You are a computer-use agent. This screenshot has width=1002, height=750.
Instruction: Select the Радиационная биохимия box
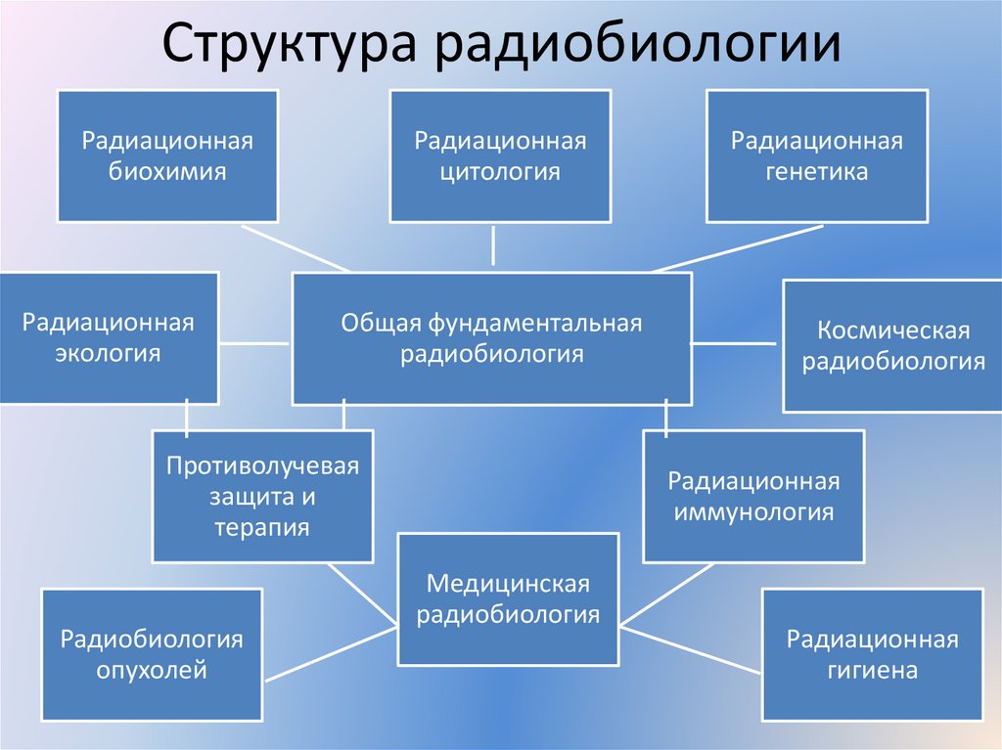[167, 156]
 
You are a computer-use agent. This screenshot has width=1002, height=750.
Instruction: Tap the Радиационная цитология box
[500, 156]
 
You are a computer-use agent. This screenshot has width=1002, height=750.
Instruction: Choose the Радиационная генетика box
[816, 156]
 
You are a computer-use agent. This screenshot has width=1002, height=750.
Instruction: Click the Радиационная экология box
[109, 337]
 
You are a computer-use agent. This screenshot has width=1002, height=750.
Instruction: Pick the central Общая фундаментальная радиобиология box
[491, 338]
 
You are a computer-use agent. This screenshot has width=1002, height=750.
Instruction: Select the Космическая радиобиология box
[892, 346]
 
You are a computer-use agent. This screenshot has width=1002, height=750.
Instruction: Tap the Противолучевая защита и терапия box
[262, 496]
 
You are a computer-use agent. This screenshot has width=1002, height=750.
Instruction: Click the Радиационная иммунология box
[753, 497]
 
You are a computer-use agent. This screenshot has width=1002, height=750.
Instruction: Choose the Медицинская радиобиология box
[508, 598]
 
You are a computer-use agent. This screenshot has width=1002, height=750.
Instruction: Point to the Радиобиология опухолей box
[152, 654]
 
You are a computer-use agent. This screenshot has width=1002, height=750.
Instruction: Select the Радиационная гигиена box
[872, 654]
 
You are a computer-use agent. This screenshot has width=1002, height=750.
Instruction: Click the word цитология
[500, 172]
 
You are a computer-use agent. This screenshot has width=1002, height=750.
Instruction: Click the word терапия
[262, 528]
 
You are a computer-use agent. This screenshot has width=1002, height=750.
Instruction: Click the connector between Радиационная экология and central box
[253, 343]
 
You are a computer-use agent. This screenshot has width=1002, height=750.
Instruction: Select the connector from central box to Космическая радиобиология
[734, 343]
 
